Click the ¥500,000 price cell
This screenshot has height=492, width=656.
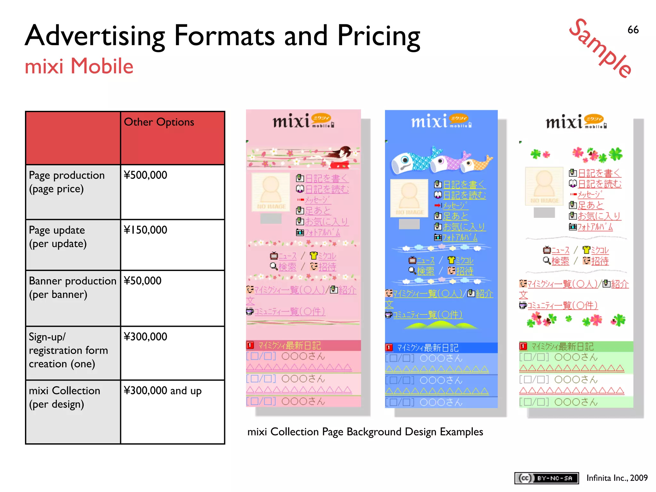click(146, 175)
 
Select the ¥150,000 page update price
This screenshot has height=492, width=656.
click(146, 230)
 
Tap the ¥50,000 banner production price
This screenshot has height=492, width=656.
click(143, 281)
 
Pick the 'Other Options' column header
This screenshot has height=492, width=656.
click(159, 122)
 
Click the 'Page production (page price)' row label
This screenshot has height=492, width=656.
click(67, 182)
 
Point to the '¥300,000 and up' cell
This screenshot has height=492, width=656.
click(163, 391)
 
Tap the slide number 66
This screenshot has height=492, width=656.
click(633, 30)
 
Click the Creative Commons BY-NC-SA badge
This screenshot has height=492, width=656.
click(546, 478)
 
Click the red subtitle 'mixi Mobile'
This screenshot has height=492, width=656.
click(79, 66)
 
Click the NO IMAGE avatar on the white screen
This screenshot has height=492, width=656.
click(544, 186)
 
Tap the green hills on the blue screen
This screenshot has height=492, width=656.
click(441, 325)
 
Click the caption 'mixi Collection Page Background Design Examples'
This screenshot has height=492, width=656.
click(365, 432)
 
